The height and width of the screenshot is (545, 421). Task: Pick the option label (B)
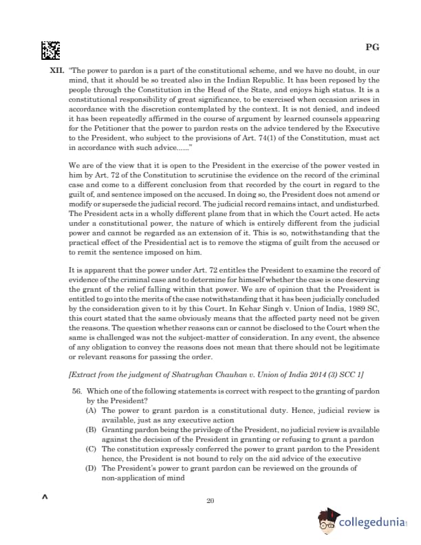90,429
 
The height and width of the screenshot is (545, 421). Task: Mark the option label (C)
90,448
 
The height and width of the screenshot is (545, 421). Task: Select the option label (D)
90,467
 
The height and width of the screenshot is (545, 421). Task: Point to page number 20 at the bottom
210,500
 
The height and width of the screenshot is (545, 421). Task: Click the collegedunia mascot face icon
327,522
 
